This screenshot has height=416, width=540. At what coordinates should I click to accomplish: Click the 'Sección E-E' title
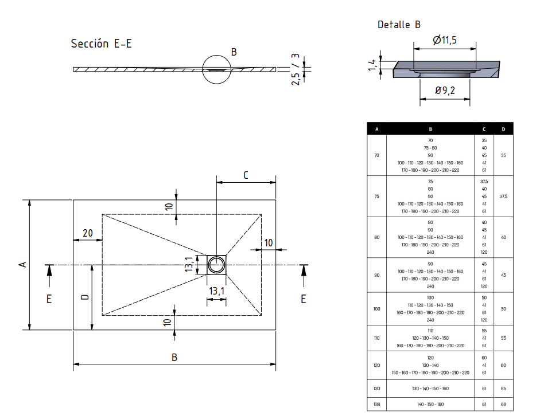101,44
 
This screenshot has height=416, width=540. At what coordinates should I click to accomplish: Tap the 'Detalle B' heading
399,25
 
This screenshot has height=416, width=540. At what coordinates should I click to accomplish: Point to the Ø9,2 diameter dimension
445,91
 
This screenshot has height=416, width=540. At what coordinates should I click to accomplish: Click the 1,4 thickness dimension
373,65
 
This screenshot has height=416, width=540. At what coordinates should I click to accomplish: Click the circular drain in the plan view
217,264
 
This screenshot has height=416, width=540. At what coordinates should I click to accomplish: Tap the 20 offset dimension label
88,233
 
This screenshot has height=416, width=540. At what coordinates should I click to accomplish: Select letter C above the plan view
246,175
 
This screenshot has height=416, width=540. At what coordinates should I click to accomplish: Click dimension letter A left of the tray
22,264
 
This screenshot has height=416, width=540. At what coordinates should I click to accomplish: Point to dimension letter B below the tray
174,357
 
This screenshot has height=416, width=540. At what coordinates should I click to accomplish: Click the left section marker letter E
49,299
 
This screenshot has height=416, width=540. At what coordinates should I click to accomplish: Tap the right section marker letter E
303,299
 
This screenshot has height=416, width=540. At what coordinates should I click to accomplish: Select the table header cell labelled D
503,129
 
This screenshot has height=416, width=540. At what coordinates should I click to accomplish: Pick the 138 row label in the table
376,405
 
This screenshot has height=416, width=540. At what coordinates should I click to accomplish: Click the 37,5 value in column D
503,196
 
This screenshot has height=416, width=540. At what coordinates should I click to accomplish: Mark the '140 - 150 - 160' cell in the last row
430,405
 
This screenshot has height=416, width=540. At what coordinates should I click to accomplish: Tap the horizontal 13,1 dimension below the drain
216,291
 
